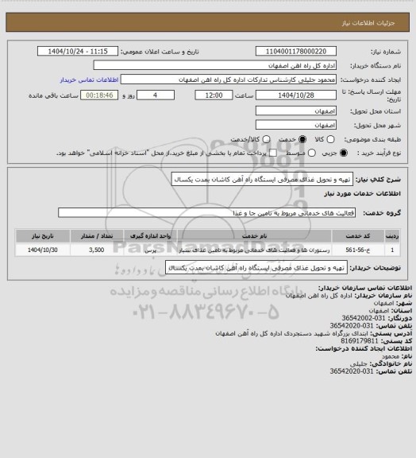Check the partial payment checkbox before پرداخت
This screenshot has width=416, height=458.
pyautogui.click(x=274, y=153)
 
